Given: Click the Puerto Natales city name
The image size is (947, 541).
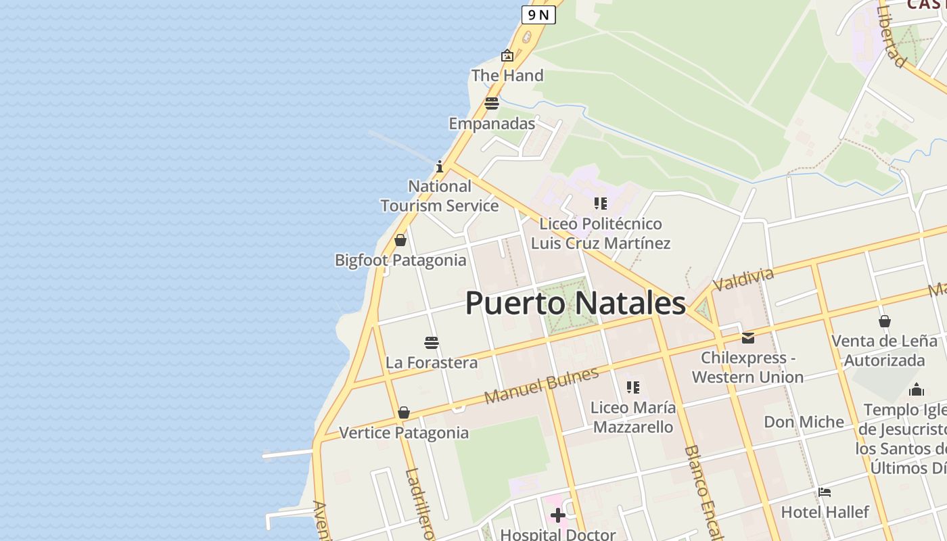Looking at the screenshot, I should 575,303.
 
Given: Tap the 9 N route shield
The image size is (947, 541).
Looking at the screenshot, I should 538,15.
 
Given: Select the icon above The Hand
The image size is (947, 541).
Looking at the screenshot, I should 507,55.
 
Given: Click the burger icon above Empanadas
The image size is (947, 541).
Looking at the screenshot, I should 492,103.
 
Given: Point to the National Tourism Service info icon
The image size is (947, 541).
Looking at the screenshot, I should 440,166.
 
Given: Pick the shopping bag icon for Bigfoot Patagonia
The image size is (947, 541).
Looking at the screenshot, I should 400,240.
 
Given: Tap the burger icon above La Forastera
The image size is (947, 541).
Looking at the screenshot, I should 432,342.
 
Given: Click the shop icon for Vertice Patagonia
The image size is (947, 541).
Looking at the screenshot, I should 404,413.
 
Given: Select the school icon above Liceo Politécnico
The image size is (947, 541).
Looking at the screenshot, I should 600,204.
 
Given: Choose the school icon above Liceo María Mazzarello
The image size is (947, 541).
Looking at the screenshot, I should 632,387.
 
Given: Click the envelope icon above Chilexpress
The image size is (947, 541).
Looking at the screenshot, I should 748,337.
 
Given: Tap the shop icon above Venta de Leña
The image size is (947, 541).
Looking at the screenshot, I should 884,321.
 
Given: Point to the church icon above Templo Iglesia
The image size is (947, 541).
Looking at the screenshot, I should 917,390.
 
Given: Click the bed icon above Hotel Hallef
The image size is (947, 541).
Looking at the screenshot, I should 825,492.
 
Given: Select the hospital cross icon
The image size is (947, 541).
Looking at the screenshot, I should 558,516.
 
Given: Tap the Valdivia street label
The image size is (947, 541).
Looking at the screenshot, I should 743,279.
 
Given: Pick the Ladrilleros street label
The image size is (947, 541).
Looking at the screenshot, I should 418,504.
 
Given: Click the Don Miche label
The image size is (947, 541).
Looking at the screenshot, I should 804,422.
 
